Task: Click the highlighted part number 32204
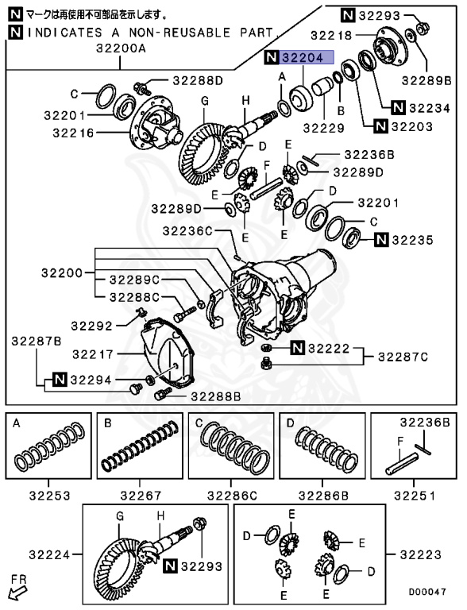point(307,57)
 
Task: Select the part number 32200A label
point(120,48)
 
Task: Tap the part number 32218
point(330,36)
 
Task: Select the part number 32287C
point(402,356)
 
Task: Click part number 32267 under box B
point(140,496)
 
